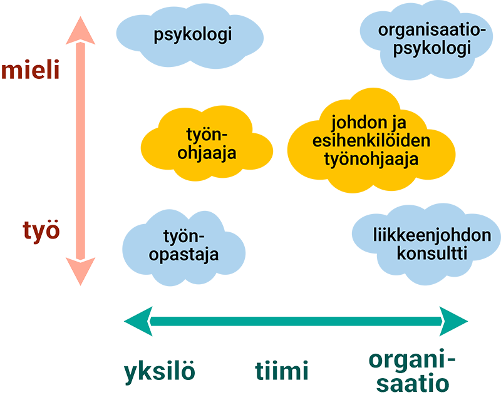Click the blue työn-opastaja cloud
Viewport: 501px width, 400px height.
pos(185,245)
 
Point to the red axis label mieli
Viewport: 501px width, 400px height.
pos(31,70)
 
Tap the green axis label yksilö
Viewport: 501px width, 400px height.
pos(160,372)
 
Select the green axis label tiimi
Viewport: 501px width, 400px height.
pos(282,372)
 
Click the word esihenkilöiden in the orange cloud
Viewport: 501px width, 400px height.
pos(371,141)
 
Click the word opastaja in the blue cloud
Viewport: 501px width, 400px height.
pos(185,255)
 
